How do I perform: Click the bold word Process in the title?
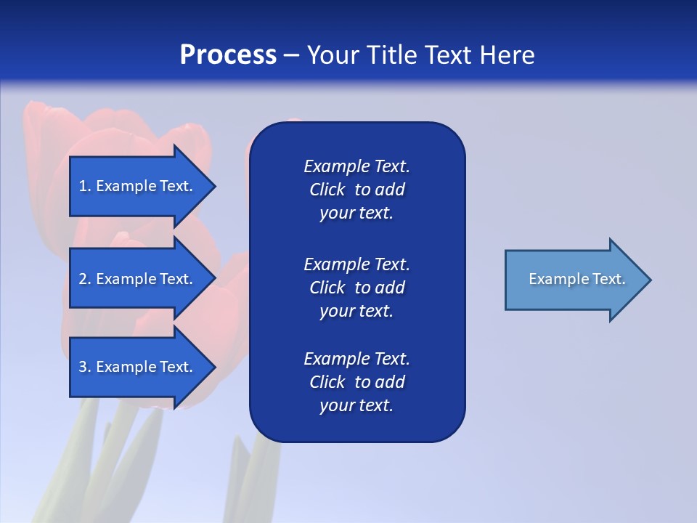click(x=228, y=55)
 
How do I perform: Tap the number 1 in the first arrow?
click(x=83, y=186)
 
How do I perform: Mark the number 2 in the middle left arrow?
click(x=83, y=279)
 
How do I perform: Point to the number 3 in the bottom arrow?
click(x=83, y=367)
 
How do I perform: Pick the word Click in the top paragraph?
click(x=327, y=190)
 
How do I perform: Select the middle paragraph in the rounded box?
click(x=356, y=288)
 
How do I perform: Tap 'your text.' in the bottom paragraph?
click(x=356, y=405)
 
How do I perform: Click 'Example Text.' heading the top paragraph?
click(x=356, y=166)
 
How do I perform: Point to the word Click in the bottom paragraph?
click(x=327, y=382)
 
